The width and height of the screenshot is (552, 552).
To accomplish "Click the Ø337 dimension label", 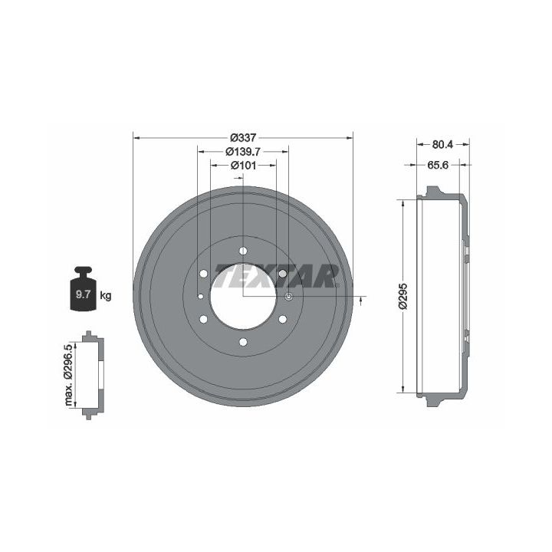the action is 243,138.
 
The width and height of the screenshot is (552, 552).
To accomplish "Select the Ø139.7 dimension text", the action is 243,151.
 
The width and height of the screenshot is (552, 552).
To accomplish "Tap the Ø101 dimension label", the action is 243,165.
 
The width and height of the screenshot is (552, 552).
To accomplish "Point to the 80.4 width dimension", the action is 442,144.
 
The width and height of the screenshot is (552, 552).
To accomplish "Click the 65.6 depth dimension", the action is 438,165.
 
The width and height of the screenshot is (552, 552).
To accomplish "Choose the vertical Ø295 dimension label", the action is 403,296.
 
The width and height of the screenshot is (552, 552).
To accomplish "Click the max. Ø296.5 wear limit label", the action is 68,375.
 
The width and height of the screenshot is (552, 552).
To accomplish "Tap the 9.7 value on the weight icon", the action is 84,294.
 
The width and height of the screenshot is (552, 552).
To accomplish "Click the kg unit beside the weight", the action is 105,295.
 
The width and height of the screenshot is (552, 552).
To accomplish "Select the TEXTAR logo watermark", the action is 274,276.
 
